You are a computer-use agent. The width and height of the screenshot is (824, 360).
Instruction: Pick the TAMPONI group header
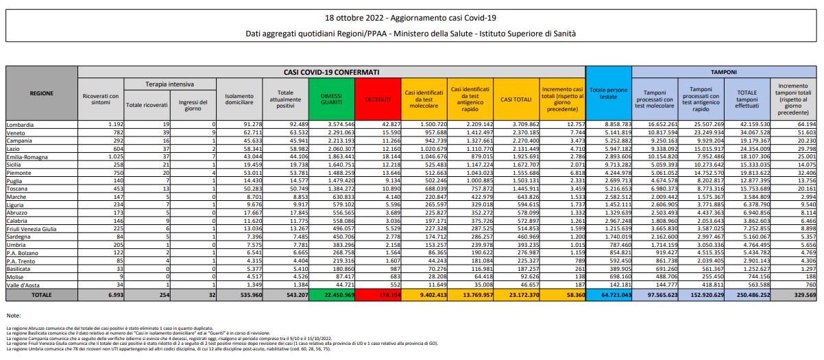point(724,71)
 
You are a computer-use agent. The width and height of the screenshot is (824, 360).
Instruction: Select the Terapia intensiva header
point(169,83)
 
